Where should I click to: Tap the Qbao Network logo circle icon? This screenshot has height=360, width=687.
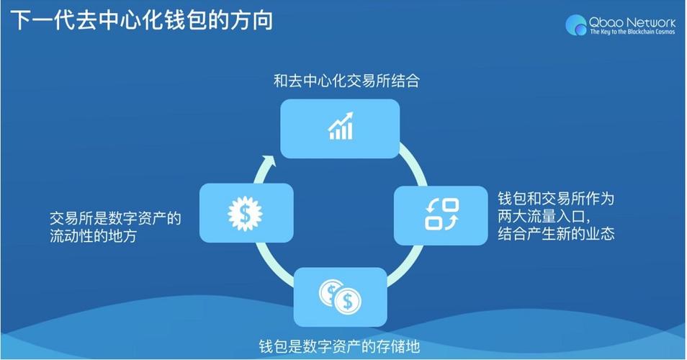576,25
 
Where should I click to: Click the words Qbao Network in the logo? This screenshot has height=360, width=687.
632,22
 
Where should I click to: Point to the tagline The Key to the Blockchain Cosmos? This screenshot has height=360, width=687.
632,32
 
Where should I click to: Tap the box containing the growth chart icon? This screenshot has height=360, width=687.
340,128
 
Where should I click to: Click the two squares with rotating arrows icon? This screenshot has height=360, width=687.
441,215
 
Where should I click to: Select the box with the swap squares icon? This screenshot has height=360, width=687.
441,215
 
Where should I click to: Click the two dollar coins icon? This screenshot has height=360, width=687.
341,295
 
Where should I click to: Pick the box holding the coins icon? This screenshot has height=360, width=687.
341,297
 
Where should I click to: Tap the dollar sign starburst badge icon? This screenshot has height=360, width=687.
246,212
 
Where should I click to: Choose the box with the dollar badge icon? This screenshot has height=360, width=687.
246,212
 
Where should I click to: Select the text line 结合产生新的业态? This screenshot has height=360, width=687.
555,233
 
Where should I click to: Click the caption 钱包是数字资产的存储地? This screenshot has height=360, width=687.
339,347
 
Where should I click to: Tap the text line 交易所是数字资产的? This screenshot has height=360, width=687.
115,218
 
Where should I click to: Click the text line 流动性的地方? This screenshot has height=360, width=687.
93,235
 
